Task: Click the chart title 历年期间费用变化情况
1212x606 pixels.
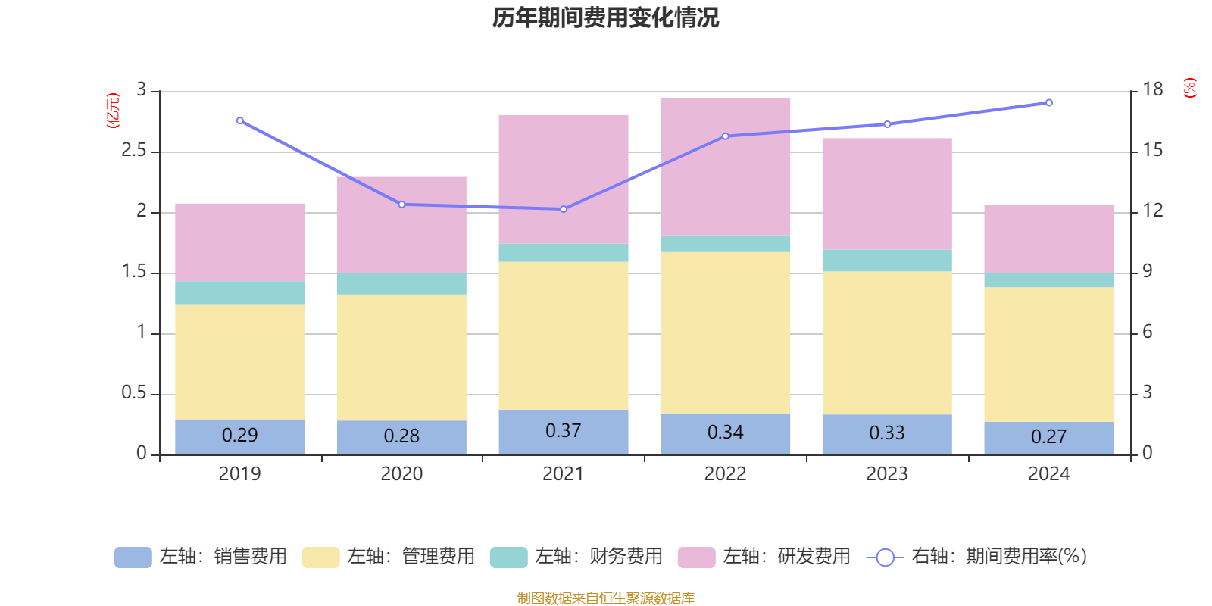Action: coord(605,17)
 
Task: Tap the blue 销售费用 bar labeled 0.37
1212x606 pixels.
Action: coord(563,432)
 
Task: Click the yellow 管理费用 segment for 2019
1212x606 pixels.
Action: coord(239,361)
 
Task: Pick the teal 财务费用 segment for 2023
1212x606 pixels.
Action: coord(886,261)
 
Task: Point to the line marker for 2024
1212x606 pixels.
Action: coord(1048,103)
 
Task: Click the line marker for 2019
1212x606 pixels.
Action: coord(239,120)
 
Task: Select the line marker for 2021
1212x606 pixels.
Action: coord(563,209)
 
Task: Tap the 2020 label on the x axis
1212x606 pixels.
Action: coord(401,474)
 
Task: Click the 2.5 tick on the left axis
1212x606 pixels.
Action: coord(134,151)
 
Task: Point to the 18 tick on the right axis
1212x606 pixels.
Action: coord(1152,90)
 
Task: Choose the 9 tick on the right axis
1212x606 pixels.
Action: coord(1147,272)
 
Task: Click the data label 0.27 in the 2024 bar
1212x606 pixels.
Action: coord(1048,437)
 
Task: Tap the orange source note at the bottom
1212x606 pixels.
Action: coord(605,598)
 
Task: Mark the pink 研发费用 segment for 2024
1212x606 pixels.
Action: coord(1048,239)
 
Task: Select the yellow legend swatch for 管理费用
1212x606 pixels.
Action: coord(320,558)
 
